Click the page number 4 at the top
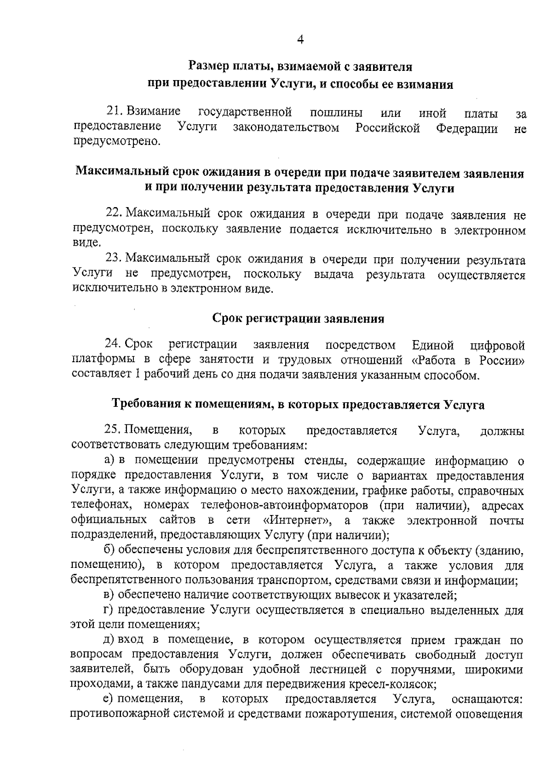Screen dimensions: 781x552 point(300,40)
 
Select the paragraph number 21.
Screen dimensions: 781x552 point(113,111)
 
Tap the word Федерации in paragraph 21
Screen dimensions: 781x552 point(466,127)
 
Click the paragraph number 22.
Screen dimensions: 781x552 point(113,214)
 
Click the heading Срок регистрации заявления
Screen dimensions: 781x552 point(298,318)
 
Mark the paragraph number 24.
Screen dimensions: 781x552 point(113,344)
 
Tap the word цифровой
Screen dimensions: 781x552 point(497,345)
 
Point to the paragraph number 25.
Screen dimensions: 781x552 point(113,430)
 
